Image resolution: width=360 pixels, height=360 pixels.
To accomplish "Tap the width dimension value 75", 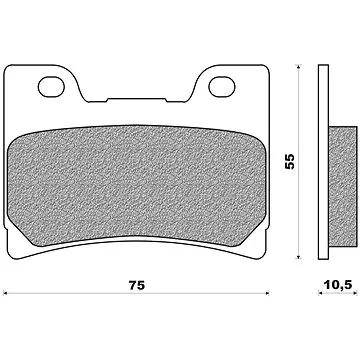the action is (137, 285).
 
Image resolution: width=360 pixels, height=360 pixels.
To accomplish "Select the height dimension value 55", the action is (290, 161).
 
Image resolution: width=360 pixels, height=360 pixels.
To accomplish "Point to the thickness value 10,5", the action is (337, 284).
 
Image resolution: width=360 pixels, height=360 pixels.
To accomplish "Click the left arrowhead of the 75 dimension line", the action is (5, 293).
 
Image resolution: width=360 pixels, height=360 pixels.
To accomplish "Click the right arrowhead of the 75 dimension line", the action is (267, 293).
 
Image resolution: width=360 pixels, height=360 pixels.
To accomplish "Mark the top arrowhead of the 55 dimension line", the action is (298, 66).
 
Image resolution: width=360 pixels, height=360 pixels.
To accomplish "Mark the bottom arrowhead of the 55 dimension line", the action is (298, 256).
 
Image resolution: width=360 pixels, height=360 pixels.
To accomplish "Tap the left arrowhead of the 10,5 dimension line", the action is (320, 293).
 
